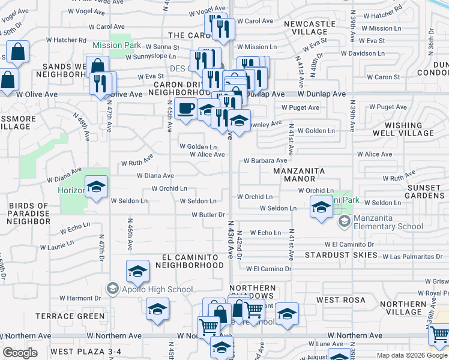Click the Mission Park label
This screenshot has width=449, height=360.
pyautogui.click(x=117, y=45)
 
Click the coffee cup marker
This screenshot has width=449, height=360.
pyautogui.click(x=186, y=109)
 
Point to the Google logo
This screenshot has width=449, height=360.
pyautogui.click(x=20, y=353)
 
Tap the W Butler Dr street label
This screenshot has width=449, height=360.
pyautogui.click(x=208, y=215)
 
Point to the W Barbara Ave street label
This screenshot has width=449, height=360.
pyautogui.click(x=265, y=161)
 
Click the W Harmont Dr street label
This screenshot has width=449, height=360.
pyautogui.click(x=80, y=298)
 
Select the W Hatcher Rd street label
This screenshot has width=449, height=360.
pyautogui.click(x=65, y=40)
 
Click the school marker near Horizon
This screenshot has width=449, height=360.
pyautogui.click(x=96, y=187)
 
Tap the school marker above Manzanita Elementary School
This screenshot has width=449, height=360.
pyautogui.click(x=322, y=208)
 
